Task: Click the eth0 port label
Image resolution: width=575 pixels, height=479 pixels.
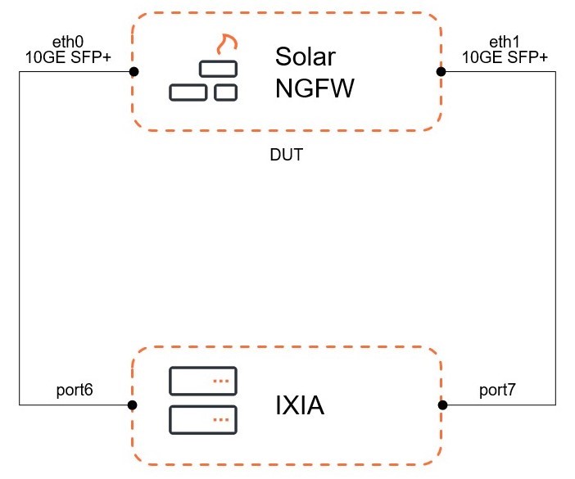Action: [x=68, y=43]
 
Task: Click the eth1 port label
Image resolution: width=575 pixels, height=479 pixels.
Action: [x=505, y=43]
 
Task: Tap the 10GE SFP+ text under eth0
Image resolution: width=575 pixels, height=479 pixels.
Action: [x=68, y=56]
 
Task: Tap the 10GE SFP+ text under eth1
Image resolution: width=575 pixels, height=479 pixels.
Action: [x=505, y=56]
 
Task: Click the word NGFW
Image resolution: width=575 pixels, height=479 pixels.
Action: [x=315, y=88]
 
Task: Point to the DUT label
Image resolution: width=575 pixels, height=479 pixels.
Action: [x=286, y=155]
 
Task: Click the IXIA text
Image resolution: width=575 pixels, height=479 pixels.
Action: [x=300, y=405]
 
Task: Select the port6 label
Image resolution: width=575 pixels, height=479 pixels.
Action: [x=75, y=390]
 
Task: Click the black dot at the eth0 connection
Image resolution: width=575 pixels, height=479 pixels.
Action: [x=134, y=72]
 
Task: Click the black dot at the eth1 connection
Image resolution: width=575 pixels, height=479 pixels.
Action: [x=441, y=72]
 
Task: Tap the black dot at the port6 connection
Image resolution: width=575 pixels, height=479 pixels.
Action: [x=133, y=404]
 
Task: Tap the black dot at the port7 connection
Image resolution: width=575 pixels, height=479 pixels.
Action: [x=442, y=404]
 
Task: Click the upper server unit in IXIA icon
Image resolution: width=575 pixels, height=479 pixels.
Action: [x=203, y=381]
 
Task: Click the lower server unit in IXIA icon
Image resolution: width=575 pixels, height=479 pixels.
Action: [x=203, y=419]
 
